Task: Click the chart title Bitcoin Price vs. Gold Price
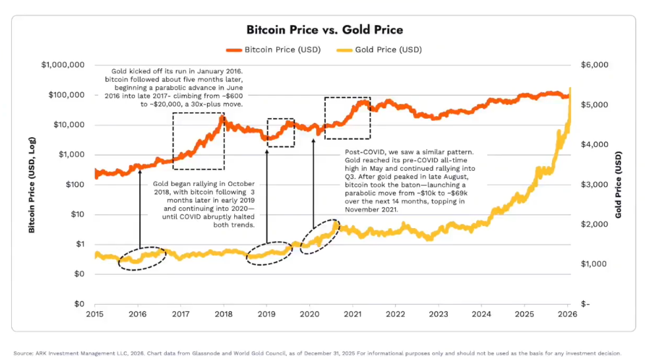click(x=324, y=30)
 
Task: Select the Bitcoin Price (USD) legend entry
click(x=276, y=49)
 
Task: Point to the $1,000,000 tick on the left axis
click(x=62, y=65)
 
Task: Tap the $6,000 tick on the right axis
click(x=593, y=65)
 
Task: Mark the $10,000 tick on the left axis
click(x=67, y=125)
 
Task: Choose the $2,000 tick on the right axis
click(x=593, y=224)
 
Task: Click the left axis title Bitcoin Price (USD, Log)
click(x=32, y=184)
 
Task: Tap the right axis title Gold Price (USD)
click(x=619, y=184)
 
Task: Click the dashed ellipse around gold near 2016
click(x=142, y=257)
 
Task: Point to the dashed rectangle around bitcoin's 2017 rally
click(x=199, y=141)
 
